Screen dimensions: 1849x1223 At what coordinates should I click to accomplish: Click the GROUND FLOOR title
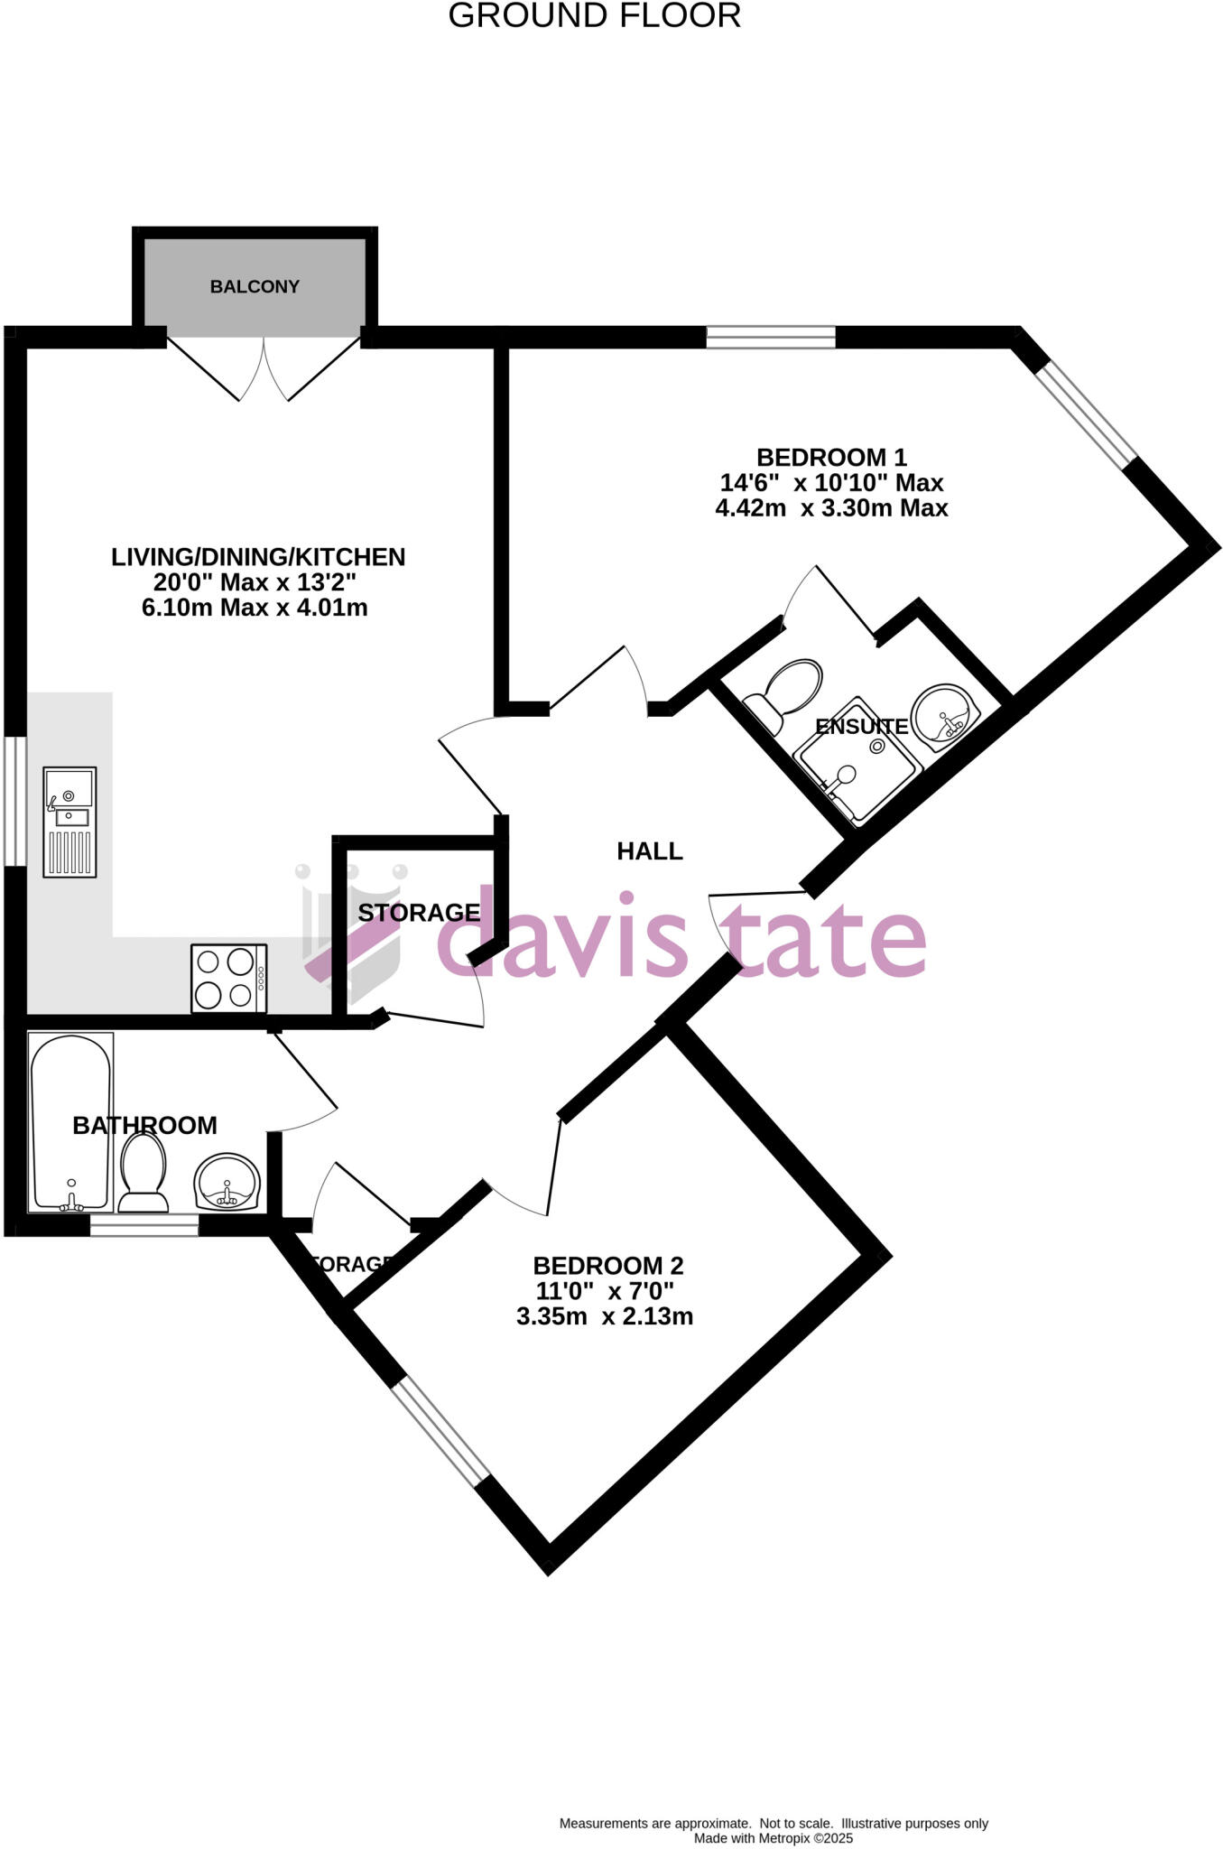coord(594,16)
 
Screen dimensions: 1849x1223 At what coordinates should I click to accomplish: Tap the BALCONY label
coord(255,287)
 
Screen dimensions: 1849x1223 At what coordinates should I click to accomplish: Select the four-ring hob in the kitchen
coord(229,978)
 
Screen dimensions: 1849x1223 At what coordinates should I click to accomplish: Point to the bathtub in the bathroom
coord(71,1121)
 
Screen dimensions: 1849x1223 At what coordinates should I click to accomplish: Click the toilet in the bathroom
coord(144,1173)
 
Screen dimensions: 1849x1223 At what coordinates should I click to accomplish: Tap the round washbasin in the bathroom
coord(227,1182)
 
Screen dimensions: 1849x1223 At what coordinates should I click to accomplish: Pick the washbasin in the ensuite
coord(945,716)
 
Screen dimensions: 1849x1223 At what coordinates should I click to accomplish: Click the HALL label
coord(649,851)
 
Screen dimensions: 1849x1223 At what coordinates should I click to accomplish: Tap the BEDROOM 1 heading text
coord(831,458)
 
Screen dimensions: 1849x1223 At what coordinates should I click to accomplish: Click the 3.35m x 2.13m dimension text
coord(604,1317)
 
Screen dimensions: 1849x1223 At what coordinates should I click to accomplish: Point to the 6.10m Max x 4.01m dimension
coord(255,608)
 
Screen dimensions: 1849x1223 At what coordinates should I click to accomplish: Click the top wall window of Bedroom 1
coord(771,338)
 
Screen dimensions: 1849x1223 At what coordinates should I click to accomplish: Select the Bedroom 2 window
coord(440,1431)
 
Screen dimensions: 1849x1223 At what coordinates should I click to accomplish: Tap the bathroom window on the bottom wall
coord(144,1225)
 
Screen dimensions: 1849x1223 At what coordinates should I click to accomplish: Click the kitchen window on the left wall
coord(15,801)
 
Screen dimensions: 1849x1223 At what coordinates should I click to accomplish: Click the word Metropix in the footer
coord(781,1838)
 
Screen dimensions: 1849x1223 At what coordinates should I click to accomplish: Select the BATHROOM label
coord(144,1126)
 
